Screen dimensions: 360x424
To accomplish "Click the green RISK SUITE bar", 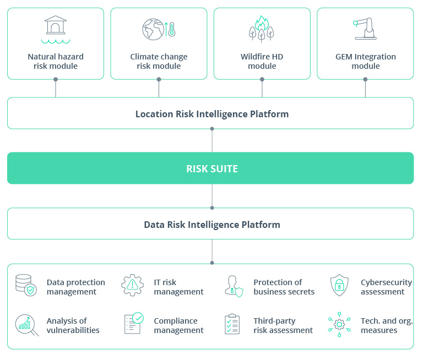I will click(x=212, y=168).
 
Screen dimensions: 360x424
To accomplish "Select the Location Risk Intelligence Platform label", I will click(x=212, y=114).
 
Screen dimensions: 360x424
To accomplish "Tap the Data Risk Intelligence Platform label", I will click(x=212, y=225).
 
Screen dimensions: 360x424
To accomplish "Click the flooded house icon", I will click(x=55, y=29).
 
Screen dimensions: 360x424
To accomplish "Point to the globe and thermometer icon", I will click(x=159, y=29).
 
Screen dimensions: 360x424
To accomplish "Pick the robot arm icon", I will click(x=365, y=29).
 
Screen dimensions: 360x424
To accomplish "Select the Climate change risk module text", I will click(x=159, y=61).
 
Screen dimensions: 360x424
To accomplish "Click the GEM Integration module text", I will click(x=366, y=61).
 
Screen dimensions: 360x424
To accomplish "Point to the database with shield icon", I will click(x=26, y=286).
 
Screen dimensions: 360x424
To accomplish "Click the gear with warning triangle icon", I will click(x=132, y=286).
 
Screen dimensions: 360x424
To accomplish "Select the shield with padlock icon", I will click(x=339, y=286).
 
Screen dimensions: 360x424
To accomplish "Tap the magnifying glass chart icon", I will click(x=26, y=325).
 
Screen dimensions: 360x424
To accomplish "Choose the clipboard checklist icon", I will click(x=232, y=325).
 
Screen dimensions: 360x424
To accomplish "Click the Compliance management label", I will click(x=178, y=325).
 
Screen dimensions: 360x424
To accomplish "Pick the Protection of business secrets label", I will click(x=284, y=287).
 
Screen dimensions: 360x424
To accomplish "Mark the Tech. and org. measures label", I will click(x=387, y=325).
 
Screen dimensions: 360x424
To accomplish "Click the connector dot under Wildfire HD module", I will click(x=262, y=79).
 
